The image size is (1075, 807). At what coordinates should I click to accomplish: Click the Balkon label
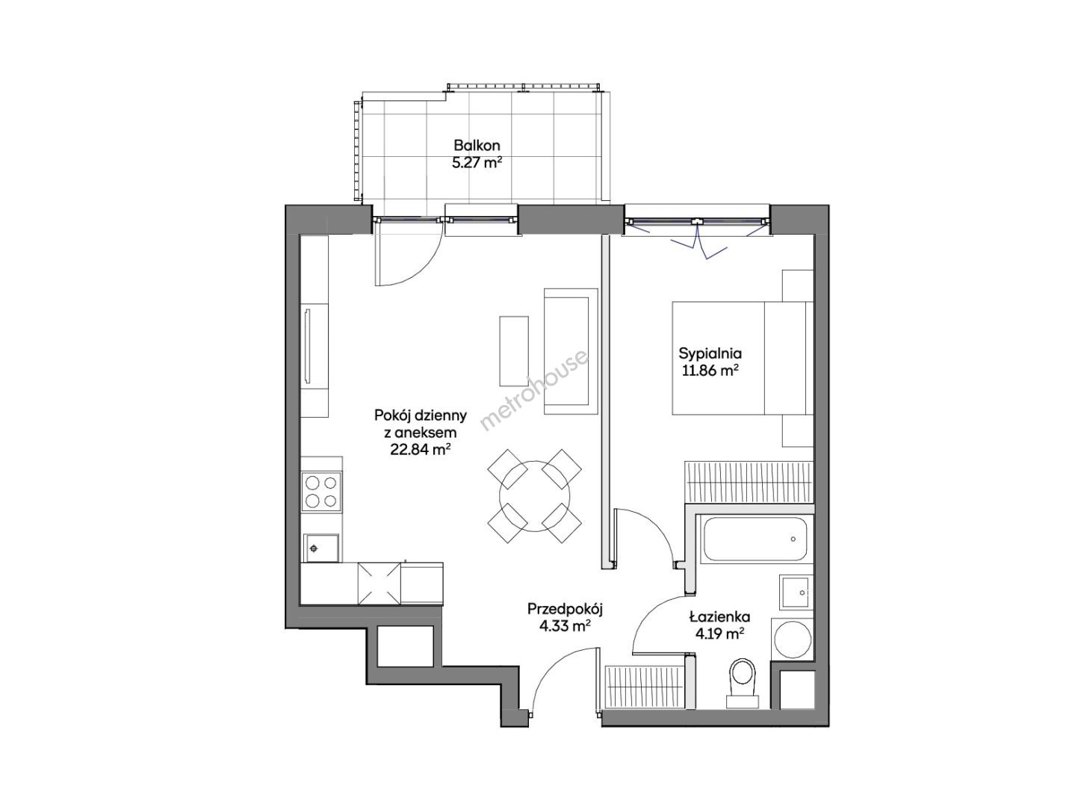[x=477, y=146]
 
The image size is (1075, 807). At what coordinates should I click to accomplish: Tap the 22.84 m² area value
[x=420, y=450]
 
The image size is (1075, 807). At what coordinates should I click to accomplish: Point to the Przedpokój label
[x=565, y=609]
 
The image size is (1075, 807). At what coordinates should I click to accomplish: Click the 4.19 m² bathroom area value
[x=720, y=634]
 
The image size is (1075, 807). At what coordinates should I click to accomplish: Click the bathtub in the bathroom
[x=755, y=539]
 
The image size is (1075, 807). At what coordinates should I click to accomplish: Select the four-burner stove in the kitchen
[x=321, y=492]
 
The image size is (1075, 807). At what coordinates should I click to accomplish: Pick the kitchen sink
[x=320, y=548]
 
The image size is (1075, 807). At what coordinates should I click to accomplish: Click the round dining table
[x=534, y=495]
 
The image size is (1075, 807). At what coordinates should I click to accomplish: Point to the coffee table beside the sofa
[x=514, y=351]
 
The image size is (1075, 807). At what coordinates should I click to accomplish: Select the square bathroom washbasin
[x=796, y=593]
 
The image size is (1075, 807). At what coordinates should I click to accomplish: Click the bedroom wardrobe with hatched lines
[x=749, y=482]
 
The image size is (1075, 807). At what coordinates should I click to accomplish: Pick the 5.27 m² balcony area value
[x=477, y=162]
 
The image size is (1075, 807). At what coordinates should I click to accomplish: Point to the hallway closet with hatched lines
[x=644, y=687]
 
